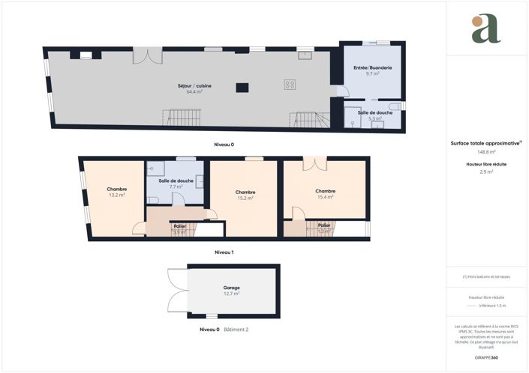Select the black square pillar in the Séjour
pos(242,88)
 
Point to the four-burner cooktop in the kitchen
pos(290,85)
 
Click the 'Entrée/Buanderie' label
pos(372,68)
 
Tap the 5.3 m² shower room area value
pos(373,118)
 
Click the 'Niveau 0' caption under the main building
pos(223,143)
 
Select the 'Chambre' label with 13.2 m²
pos(116,190)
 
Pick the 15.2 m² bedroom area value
pos(245,198)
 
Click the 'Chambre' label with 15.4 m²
pos(324,191)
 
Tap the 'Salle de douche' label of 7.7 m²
pos(176,181)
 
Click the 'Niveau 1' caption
pos(224,252)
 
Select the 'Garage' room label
pos(231,288)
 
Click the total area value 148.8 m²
pos(487,151)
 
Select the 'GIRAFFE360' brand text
pos(487,359)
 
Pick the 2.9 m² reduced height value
pos(487,172)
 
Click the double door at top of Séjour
pos(147,56)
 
